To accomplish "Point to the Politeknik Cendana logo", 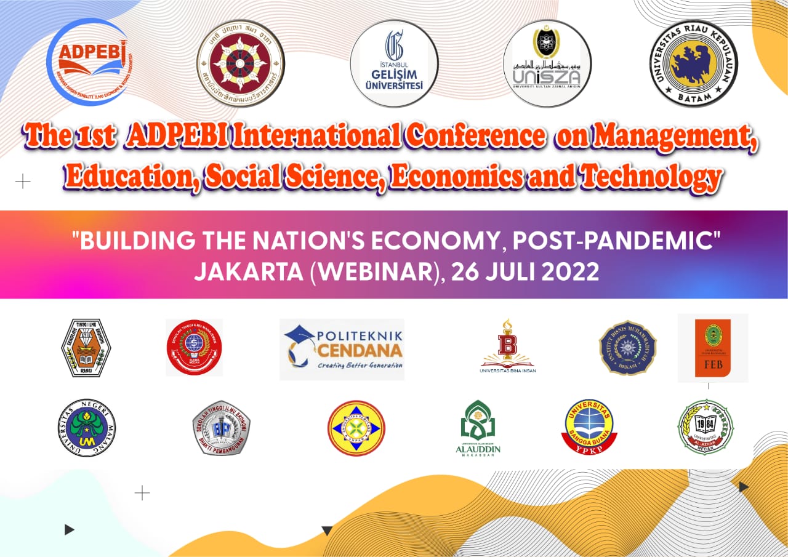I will pos(342,349).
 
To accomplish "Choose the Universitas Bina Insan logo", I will pos(508,346).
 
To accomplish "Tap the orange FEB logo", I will pos(713,348).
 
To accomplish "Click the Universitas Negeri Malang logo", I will pos(86,427).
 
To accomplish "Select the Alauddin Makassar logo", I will pos(478,427).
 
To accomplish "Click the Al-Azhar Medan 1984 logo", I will pos(706,427).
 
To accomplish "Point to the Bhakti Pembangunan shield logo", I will pos(221,427).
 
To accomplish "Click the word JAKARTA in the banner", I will pos(249,272).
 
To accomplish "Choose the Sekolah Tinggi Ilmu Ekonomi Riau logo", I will pos(86,348).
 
